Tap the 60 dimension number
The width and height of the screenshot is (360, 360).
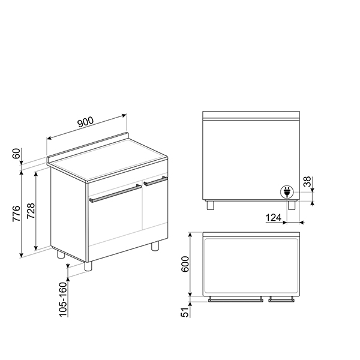(x=17, y=155)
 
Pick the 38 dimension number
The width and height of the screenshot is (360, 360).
(x=307, y=182)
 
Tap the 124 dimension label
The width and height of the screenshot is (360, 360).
(x=274, y=217)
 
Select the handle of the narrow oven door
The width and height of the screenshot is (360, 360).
(x=155, y=180)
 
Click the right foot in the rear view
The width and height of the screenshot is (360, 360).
(x=292, y=205)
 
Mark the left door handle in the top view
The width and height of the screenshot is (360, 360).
(x=235, y=300)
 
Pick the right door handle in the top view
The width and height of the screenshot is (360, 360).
(x=281, y=300)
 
